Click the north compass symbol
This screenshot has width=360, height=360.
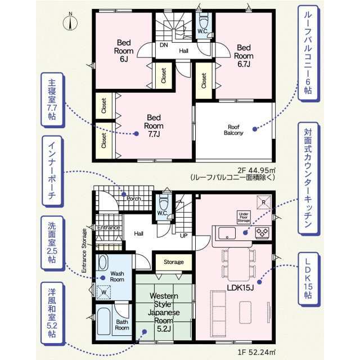70,22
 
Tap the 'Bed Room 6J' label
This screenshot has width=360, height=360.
124,51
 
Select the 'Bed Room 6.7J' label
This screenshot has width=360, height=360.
244,56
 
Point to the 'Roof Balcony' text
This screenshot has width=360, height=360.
233,130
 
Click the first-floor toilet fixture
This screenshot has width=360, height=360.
163,202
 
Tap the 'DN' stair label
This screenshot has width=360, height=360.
164,45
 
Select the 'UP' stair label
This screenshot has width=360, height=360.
184,236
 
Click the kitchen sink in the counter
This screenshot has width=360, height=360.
227,233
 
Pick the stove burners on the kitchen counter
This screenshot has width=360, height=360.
262,232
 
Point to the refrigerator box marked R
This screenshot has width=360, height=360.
264,202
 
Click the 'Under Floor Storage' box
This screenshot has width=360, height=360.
244,217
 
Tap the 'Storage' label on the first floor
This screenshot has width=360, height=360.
174,262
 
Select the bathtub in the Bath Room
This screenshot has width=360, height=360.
103,321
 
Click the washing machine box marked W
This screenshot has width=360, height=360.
103,292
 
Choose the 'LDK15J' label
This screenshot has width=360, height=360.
240,287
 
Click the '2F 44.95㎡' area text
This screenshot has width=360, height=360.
256,170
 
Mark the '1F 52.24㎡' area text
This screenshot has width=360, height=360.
256,352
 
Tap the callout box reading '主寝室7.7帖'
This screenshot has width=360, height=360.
52,100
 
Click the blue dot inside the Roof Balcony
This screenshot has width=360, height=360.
255,129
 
